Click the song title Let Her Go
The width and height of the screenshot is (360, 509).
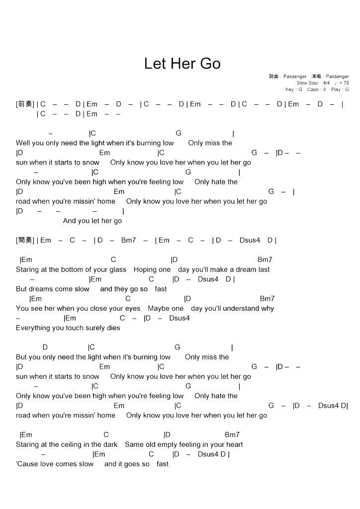pos(182,64)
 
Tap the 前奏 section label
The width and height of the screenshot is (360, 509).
pos(25,104)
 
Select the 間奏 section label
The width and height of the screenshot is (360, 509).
pos(25,240)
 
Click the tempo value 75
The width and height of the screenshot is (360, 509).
pos(346,83)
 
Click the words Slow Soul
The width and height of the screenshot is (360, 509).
pos(307,83)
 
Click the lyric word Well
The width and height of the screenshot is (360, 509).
pos(22,143)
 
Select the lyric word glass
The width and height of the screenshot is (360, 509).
pos(118,269)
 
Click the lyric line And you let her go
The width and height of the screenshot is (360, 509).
pos(92,221)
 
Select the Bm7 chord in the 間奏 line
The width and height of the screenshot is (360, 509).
pos(128,240)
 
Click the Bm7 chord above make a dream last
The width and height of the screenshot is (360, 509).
pos(265,259)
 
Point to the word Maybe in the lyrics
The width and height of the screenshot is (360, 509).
pos(158,308)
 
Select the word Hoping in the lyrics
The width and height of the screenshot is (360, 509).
pos(145,269)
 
